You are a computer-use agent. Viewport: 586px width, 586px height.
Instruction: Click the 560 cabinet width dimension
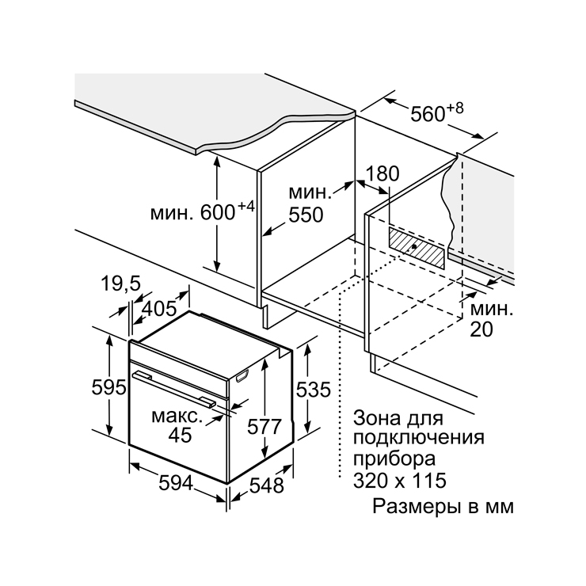click(x=428, y=113)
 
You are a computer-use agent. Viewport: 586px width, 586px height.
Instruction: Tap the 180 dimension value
click(x=382, y=173)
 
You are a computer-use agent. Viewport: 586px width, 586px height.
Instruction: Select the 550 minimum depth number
click(x=306, y=215)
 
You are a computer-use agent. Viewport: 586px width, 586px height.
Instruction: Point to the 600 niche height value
click(x=218, y=213)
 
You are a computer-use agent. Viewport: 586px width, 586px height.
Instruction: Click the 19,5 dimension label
click(x=120, y=283)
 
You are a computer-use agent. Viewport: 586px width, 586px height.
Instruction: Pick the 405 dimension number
click(x=160, y=308)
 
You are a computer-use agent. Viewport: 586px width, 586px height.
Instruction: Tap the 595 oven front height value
click(x=108, y=387)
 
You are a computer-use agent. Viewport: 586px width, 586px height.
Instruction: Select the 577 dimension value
click(x=264, y=426)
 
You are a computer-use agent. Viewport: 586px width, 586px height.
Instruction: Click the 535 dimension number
click(x=313, y=390)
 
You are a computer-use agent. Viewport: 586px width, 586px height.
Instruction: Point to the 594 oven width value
click(x=176, y=483)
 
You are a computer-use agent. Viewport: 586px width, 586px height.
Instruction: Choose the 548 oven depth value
click(x=266, y=485)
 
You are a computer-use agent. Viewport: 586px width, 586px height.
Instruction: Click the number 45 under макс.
click(x=180, y=435)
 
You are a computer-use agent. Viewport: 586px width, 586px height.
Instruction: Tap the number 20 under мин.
click(x=481, y=329)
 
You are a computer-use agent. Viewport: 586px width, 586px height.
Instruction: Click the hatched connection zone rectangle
click(x=417, y=248)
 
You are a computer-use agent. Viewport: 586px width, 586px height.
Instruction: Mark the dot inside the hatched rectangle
click(x=414, y=246)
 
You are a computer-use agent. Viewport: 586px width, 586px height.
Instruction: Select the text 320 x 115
click(x=400, y=481)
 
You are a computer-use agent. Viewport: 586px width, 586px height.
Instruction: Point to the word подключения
click(x=419, y=438)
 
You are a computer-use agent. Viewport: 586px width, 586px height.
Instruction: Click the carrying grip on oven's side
click(x=242, y=376)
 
